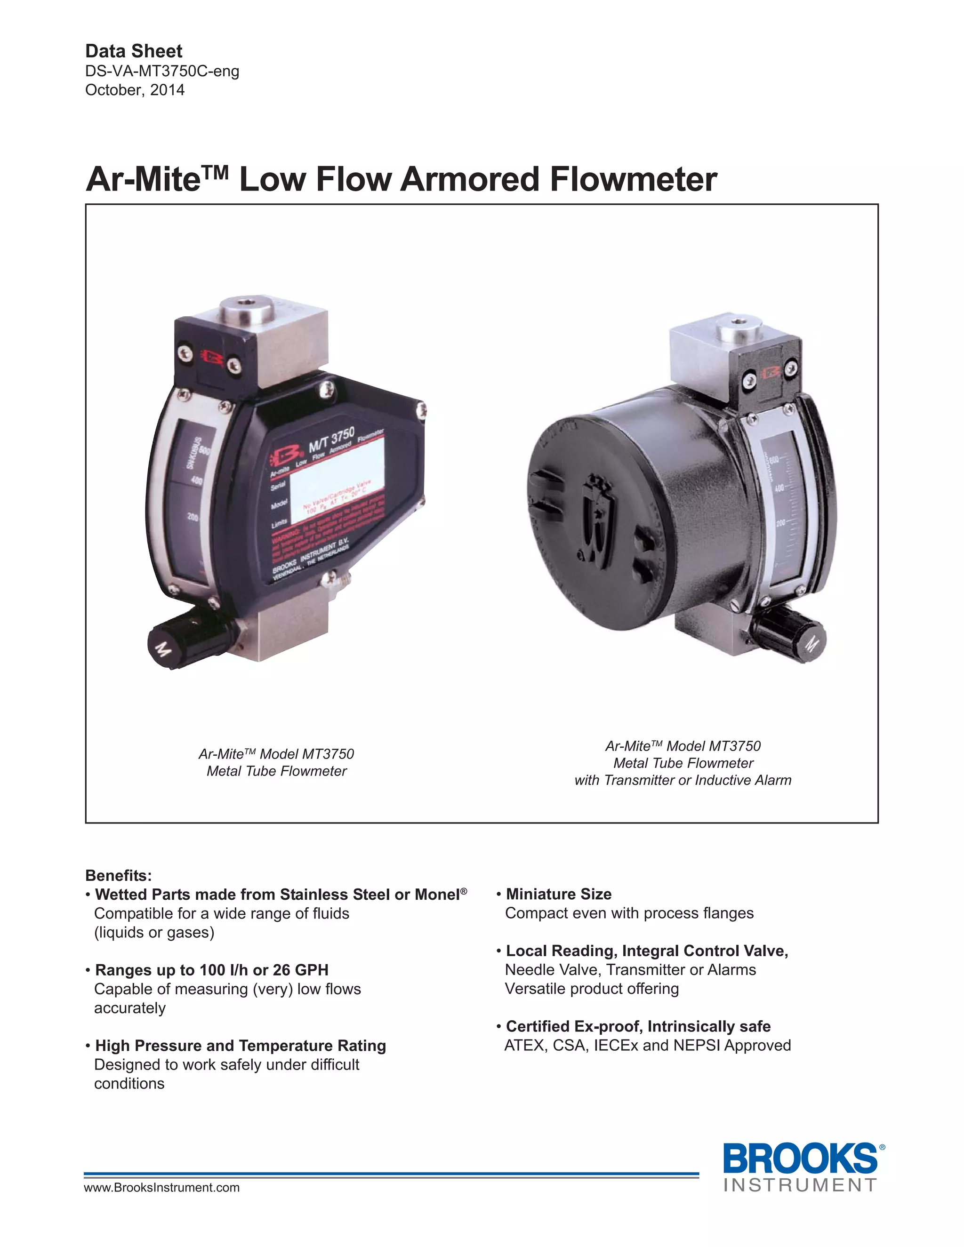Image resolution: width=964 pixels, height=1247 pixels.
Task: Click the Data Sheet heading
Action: tap(134, 51)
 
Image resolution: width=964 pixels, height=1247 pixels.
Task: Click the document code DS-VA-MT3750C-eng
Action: tap(162, 72)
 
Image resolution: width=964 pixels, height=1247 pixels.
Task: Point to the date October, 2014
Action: tap(135, 90)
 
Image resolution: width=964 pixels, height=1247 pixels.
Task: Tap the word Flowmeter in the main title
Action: tap(633, 179)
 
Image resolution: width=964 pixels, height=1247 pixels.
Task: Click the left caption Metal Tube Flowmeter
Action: tap(276, 771)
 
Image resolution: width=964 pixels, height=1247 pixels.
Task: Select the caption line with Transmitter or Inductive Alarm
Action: tap(683, 781)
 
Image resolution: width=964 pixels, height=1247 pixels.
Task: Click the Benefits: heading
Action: tap(119, 876)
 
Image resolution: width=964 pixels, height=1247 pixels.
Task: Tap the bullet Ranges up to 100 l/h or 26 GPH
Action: tap(211, 970)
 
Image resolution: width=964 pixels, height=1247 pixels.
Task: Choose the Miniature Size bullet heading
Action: tap(559, 894)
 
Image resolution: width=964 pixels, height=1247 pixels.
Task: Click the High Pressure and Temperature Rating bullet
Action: tap(241, 1046)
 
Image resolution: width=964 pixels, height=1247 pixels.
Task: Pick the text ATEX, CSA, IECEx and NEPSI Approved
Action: tap(648, 1046)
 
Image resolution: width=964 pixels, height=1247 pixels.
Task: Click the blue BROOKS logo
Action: tap(800, 1159)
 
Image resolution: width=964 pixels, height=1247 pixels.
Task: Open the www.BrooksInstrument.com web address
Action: tap(161, 1188)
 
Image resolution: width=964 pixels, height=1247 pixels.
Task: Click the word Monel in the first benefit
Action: tap(437, 895)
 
